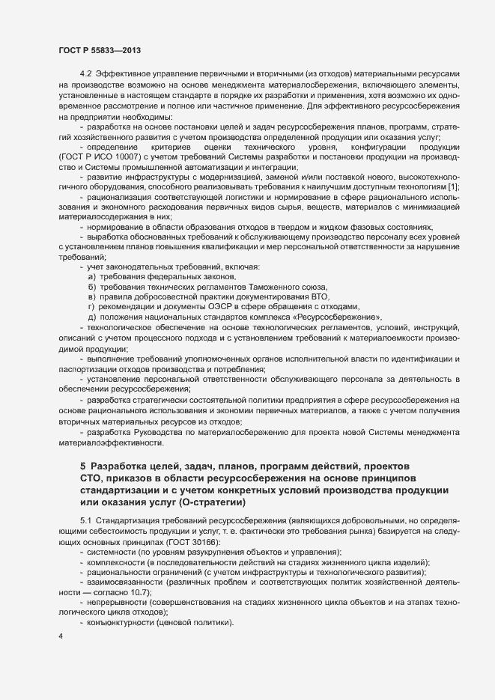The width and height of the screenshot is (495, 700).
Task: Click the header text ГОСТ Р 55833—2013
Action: (x=100, y=50)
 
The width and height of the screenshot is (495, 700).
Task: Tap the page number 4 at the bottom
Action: (x=60, y=637)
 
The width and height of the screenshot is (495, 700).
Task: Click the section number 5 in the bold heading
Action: (x=83, y=466)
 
